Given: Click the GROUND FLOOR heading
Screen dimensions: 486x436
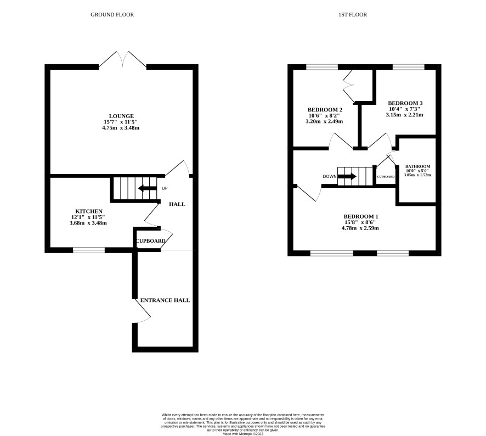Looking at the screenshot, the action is point(112,15).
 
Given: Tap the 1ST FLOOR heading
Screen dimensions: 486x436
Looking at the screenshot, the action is point(353,15).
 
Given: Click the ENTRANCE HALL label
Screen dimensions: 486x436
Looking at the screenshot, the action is point(165,300).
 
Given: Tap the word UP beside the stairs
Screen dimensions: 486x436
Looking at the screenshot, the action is point(165,188).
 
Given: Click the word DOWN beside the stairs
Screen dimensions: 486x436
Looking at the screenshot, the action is point(330,177).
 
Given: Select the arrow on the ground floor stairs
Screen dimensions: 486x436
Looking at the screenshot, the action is point(147,188).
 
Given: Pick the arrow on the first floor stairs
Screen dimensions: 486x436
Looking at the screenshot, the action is point(347,177).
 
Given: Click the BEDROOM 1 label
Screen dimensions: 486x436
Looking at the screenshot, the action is point(361,216).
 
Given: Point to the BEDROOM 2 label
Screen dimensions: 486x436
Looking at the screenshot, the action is point(325,110).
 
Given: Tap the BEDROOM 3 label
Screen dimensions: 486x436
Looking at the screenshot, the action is point(405,103).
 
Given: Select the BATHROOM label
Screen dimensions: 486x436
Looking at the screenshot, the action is point(417,166).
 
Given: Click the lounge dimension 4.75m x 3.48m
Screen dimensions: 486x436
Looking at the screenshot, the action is point(121,128).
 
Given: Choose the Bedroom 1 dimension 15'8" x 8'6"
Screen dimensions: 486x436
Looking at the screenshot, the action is point(360,222).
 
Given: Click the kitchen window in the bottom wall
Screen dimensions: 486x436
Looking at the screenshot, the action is point(89,250).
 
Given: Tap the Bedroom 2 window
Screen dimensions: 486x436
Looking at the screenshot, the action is point(322,67).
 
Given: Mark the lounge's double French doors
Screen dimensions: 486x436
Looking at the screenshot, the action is point(122,60).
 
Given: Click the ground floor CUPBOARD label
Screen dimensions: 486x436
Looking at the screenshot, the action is point(151,241).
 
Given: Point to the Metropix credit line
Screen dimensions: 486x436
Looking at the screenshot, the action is point(242,434).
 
